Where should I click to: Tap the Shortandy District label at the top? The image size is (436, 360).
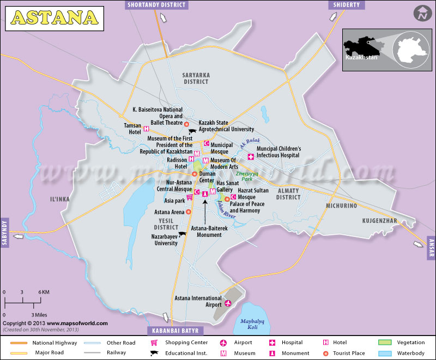[x=156, y=5]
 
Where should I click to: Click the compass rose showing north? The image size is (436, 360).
[x=420, y=13]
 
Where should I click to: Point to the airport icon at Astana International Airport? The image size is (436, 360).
[x=228, y=303]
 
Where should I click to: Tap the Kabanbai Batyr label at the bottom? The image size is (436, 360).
[x=176, y=331]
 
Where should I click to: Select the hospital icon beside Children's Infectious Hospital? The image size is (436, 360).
[x=251, y=156]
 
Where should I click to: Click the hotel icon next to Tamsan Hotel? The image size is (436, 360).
[x=146, y=128]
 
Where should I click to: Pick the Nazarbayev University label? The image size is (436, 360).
[x=165, y=240]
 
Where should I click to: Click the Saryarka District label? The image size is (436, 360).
[x=196, y=78]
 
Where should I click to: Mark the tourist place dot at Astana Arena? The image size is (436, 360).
[x=188, y=212]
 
